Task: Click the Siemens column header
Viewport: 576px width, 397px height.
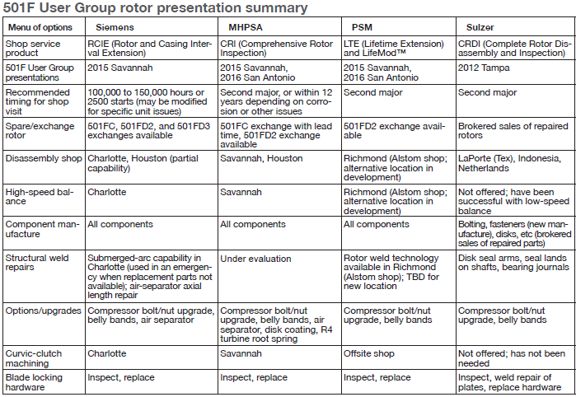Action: [x=115, y=27]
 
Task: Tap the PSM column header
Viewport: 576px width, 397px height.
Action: [x=362, y=27]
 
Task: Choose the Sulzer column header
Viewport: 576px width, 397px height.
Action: [x=480, y=27]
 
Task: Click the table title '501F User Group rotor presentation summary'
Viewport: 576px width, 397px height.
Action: [x=155, y=7]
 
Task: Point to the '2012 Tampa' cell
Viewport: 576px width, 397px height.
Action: [x=484, y=68]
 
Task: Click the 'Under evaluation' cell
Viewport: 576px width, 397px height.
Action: [x=255, y=259]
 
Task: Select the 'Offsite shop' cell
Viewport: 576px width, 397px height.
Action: [x=369, y=353]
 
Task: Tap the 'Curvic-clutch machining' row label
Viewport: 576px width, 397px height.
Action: [x=34, y=358]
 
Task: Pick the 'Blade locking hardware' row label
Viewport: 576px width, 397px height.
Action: [x=34, y=382]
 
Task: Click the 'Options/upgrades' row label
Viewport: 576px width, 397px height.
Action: [x=44, y=311]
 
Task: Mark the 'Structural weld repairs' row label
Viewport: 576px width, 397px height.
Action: [x=37, y=262]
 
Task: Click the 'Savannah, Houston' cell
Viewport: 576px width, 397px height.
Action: [x=261, y=158]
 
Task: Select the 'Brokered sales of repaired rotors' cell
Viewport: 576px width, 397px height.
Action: [x=513, y=131]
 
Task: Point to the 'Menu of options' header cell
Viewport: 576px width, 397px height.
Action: [x=40, y=27]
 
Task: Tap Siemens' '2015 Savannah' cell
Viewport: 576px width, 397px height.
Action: [x=119, y=68]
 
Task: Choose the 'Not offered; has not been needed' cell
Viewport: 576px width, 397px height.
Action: [x=512, y=358]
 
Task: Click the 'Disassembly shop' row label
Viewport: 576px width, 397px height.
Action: [x=44, y=158]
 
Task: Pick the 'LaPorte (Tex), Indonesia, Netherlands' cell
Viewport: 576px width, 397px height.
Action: [x=509, y=163]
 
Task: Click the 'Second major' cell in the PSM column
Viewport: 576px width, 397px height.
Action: [x=372, y=92]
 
